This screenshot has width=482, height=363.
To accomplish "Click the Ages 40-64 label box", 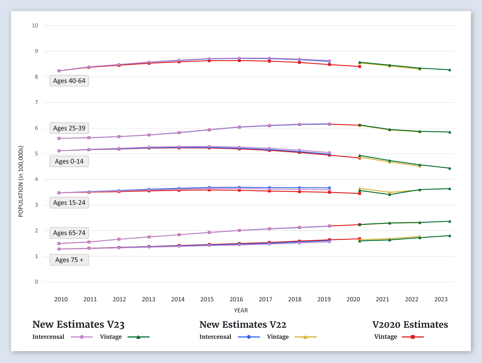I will (x=69, y=81).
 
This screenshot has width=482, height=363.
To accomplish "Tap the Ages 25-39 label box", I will (x=69, y=128).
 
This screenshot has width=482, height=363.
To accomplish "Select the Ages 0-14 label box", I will (x=69, y=161).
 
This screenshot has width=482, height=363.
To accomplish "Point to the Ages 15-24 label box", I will (x=69, y=203).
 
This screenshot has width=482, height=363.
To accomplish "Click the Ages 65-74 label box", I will (x=69, y=233).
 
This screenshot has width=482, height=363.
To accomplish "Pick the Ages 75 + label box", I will (x=69, y=260).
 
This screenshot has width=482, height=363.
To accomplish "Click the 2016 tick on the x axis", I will (x=236, y=299).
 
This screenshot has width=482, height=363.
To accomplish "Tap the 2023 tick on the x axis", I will (x=441, y=299).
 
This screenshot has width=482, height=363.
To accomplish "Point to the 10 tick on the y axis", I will (x=35, y=26).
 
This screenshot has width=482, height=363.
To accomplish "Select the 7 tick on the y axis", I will (x=36, y=103).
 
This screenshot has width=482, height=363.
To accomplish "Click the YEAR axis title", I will (x=241, y=310).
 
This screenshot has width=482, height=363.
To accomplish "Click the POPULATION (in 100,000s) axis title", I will (x=21, y=181).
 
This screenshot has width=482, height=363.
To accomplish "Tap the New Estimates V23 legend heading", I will (x=78, y=325).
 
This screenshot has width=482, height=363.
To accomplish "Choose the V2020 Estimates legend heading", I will (x=410, y=325).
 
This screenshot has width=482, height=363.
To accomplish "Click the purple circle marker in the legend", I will (x=82, y=337).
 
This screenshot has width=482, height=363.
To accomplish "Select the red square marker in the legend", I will (x=413, y=337).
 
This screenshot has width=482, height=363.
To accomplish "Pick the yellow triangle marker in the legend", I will (x=305, y=337).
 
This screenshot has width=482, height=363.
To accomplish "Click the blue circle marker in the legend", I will (x=249, y=337).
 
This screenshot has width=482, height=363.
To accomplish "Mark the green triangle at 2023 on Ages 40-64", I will (x=450, y=70).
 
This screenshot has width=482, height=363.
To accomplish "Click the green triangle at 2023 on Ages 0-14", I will (x=450, y=168).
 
